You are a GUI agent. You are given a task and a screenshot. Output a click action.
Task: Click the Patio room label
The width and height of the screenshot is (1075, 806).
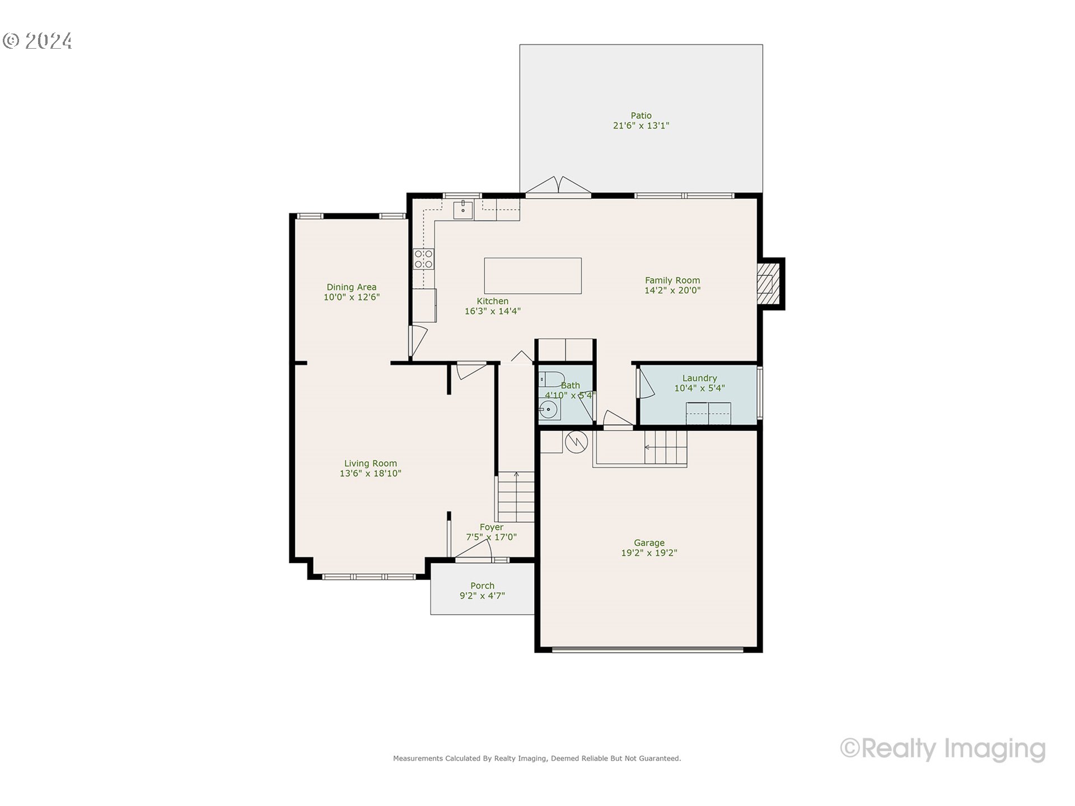(641, 116)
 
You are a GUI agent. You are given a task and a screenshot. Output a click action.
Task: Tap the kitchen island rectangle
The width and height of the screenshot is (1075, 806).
(532, 275)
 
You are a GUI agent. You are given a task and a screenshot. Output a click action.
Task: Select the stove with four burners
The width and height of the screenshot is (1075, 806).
(423, 259)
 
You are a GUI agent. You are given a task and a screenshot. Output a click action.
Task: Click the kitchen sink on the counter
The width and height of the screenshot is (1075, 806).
(463, 210)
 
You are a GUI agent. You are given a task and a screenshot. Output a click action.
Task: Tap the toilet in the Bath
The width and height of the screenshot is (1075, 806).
(550, 379)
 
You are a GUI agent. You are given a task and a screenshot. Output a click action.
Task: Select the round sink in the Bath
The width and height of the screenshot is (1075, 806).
(549, 410)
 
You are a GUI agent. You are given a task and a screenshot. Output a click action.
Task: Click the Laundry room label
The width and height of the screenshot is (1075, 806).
(699, 378)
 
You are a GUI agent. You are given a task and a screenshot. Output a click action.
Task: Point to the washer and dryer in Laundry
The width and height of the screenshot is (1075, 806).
(708, 413)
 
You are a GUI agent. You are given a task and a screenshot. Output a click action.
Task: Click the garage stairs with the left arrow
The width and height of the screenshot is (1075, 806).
(665, 447)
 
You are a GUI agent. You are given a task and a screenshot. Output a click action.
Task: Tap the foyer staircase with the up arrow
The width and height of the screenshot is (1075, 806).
(516, 497)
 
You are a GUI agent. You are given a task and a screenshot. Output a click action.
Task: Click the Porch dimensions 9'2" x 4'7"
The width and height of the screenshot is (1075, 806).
(482, 596)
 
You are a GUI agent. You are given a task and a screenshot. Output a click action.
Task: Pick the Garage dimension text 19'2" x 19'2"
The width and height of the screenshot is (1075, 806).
(649, 553)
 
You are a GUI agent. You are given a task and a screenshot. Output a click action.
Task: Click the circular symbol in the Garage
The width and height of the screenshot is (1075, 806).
(576, 442)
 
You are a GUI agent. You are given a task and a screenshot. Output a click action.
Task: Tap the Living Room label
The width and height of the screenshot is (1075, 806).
(370, 463)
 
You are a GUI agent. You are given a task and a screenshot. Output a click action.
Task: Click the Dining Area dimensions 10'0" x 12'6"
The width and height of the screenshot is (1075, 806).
(352, 297)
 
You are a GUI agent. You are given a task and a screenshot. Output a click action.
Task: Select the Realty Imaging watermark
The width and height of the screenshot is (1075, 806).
(943, 748)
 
